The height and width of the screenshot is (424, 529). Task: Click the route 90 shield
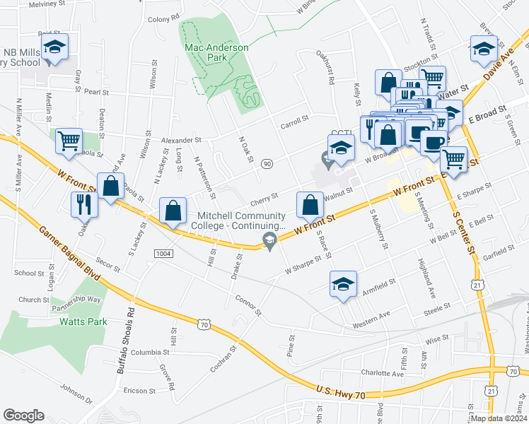pyautogui.click(x=267, y=163)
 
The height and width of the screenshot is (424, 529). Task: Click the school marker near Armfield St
pyautogui.click(x=343, y=284)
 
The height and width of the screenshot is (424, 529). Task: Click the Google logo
pyautogui.click(x=23, y=416)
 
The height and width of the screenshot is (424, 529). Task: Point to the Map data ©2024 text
pyautogui.click(x=499, y=418)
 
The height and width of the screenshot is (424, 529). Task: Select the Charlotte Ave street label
pyautogui.click(x=382, y=372)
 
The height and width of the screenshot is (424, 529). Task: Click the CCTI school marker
pyautogui.click(x=341, y=149)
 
